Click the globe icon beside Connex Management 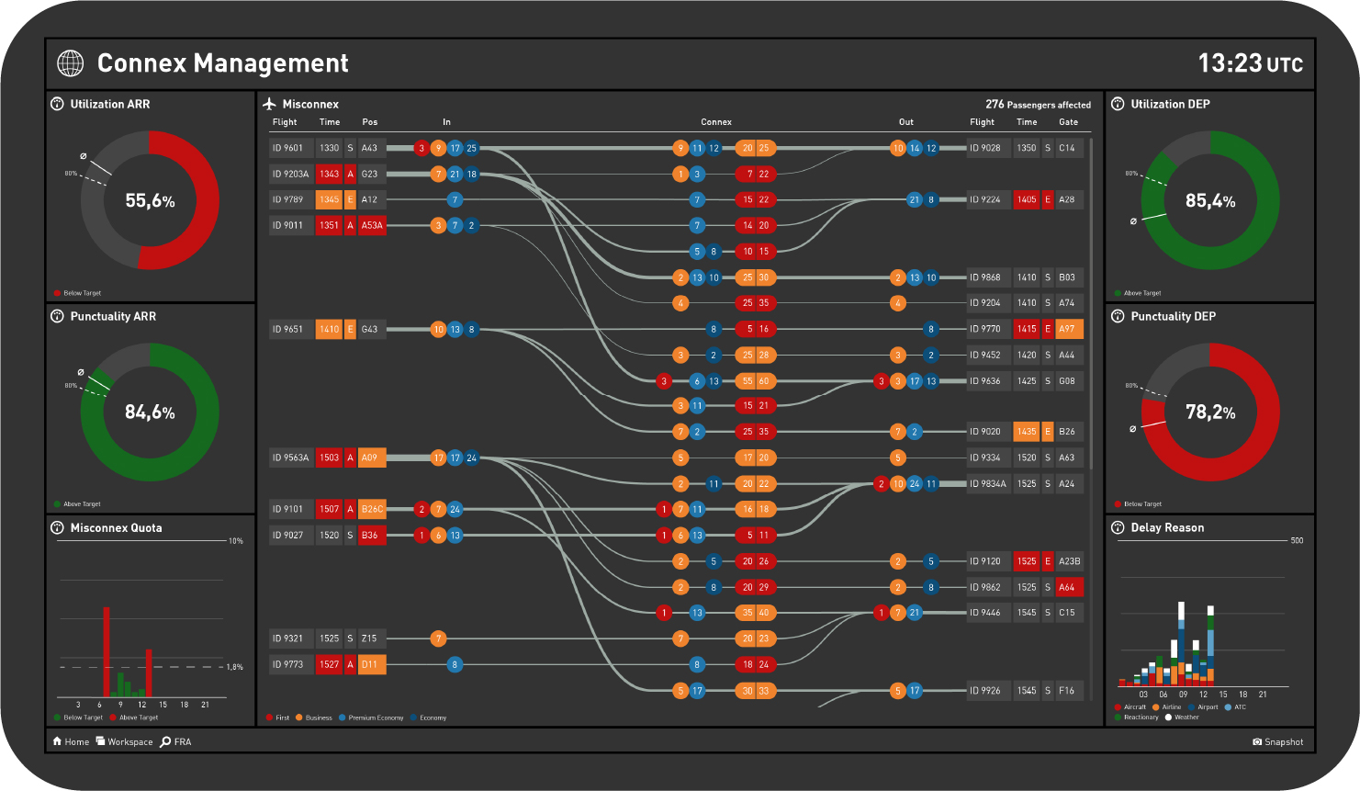click(70, 62)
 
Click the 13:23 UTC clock click(1250, 62)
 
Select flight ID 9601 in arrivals click(289, 148)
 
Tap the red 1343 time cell click(329, 174)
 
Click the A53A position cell click(372, 225)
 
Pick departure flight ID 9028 click(987, 148)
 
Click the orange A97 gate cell click(1068, 329)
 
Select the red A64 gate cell click(1068, 587)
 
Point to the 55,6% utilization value click(150, 200)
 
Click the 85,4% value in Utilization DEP click(1209, 200)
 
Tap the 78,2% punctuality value click(1209, 412)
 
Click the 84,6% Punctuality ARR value click(150, 412)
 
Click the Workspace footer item click(125, 741)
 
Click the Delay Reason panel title click(1166, 527)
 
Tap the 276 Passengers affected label click(1038, 105)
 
